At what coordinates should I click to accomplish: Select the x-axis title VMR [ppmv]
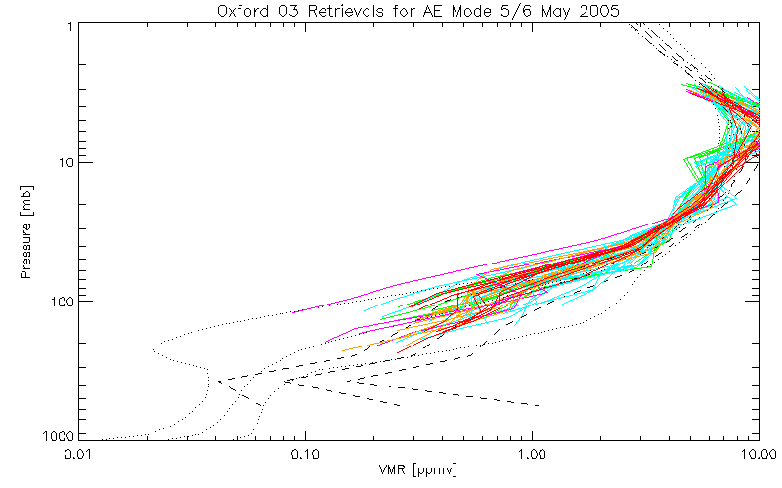coord(418,469)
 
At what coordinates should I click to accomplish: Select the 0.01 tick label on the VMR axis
coord(78,454)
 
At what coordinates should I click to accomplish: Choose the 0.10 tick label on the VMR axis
coord(305,454)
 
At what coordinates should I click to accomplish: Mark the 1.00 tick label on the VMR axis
coord(533,454)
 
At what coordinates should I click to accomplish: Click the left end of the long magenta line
coord(292,312)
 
